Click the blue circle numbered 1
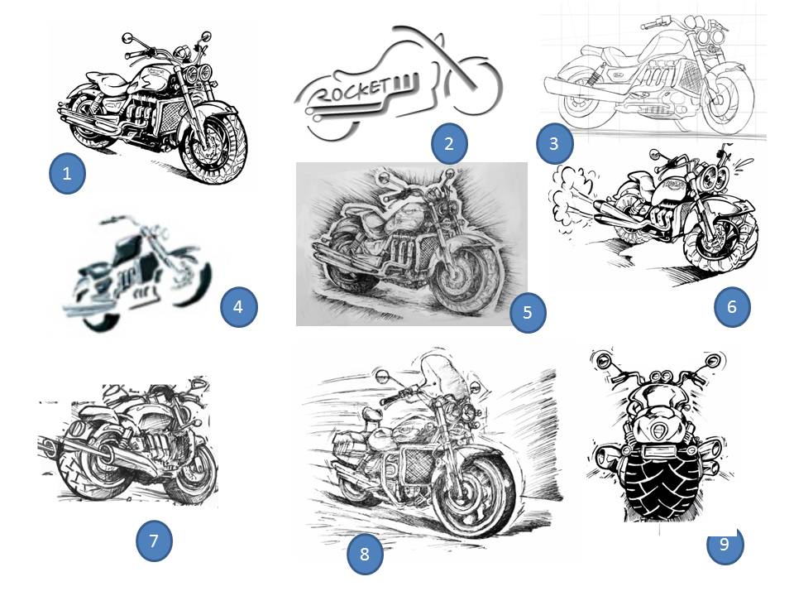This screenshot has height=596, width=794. click(67, 173)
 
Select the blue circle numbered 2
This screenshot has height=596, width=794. click(449, 143)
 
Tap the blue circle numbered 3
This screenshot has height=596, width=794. click(554, 143)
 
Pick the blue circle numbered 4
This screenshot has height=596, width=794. click(239, 306)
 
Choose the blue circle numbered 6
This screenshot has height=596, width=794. click(732, 306)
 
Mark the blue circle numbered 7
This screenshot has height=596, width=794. click(155, 541)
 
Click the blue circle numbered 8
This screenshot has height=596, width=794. click(365, 554)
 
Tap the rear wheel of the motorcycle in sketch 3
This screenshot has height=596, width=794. click(583, 101)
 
